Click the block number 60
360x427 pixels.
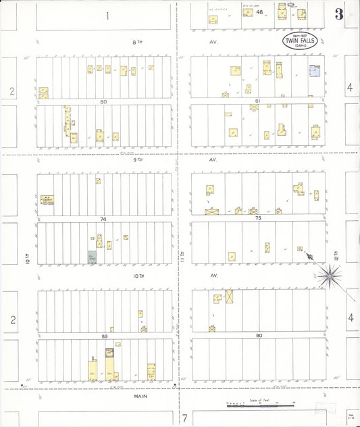coord(104,102)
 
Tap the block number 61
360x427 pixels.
coord(257,101)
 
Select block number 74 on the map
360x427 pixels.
coord(103,220)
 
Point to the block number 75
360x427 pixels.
coord(257,218)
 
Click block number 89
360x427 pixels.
coord(103,336)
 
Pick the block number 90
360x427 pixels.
coord(259,336)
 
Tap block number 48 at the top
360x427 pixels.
coord(260,12)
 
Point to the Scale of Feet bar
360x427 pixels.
coord(260,405)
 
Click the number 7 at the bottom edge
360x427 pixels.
coord(184,418)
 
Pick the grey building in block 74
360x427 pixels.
coord(92,257)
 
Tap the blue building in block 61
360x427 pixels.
coord(314,70)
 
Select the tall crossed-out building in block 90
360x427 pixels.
coord(230,297)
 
